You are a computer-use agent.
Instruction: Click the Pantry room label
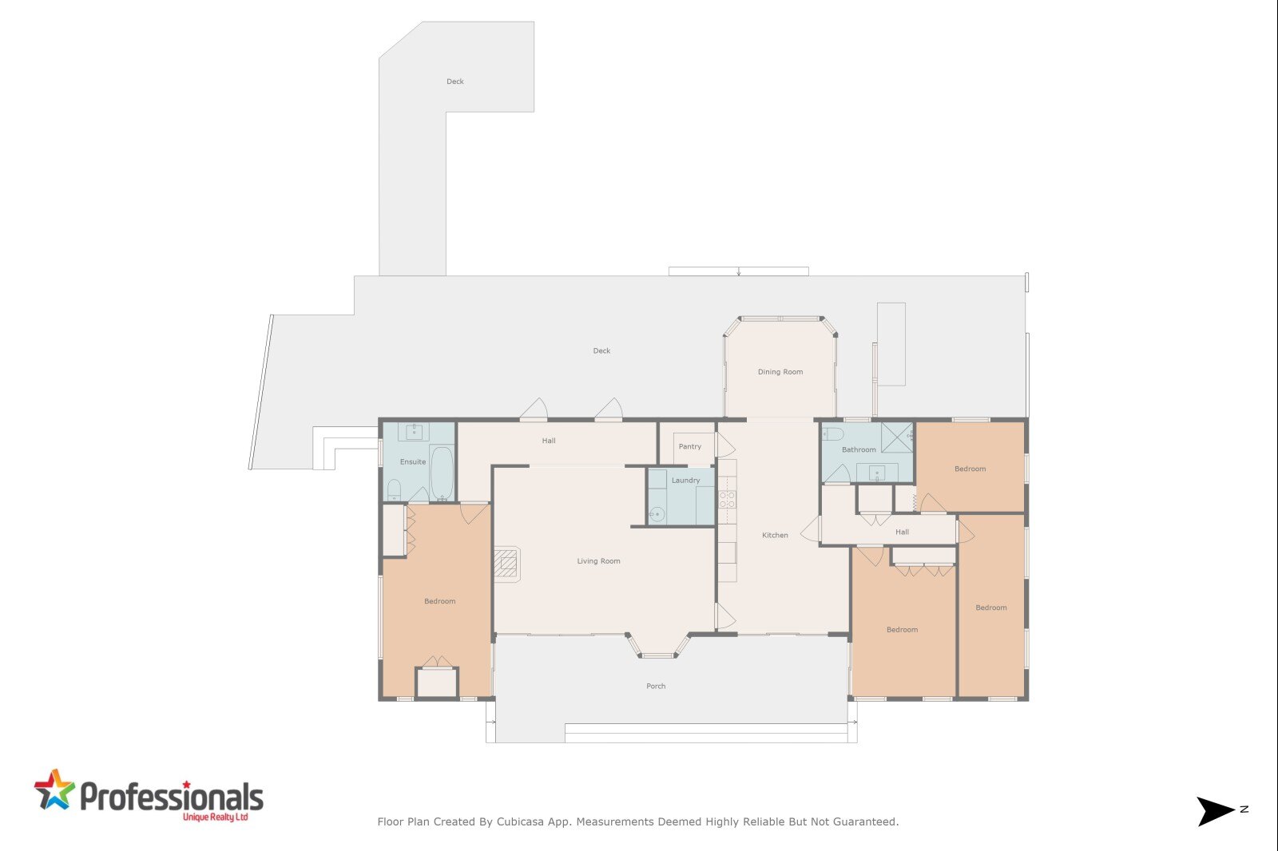pos(690,446)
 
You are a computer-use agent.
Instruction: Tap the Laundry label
pos(685,481)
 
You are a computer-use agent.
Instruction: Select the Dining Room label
pos(780,372)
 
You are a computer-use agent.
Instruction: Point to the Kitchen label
pos(775,535)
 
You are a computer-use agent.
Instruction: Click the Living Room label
pos(598,561)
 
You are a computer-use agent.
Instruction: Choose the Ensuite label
pos(412,461)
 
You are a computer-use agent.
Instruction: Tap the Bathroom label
pos(859,449)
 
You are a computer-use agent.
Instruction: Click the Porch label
pos(656,687)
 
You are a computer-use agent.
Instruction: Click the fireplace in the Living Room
pos(507,564)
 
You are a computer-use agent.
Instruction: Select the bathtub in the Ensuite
pos(442,473)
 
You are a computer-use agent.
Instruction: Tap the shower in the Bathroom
pos(898,437)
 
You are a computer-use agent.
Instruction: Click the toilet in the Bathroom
pos(832,434)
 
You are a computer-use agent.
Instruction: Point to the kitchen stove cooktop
pos(727,500)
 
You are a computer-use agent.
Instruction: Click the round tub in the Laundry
pos(657,514)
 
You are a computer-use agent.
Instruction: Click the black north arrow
pos(1216,811)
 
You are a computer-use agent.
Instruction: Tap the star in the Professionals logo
pos(54,790)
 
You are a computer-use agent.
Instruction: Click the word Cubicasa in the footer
pos(520,822)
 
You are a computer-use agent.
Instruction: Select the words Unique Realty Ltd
pos(215,817)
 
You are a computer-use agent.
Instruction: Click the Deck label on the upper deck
pos(454,81)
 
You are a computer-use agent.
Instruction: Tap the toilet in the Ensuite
pos(394,490)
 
